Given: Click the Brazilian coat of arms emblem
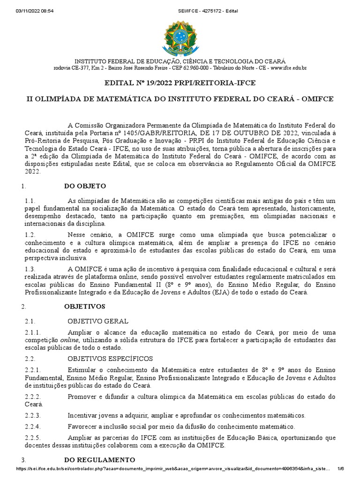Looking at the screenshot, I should [x=180, y=37].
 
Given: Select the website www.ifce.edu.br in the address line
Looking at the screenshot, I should [x=288, y=68].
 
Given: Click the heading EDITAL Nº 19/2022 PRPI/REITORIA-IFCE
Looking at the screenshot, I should [x=180, y=83].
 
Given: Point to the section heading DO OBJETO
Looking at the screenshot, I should [x=85, y=186].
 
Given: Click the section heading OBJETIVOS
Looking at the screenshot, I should [x=84, y=307].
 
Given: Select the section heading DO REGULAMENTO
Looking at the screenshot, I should [x=99, y=459].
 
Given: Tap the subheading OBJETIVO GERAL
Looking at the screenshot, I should [x=98, y=322].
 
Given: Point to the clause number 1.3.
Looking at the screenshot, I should [x=30, y=269].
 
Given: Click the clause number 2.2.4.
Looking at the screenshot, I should [x=33, y=427].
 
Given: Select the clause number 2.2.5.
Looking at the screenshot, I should [x=33, y=438].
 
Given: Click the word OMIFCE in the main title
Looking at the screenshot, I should [x=315, y=99].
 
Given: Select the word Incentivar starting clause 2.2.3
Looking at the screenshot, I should [x=82, y=415].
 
